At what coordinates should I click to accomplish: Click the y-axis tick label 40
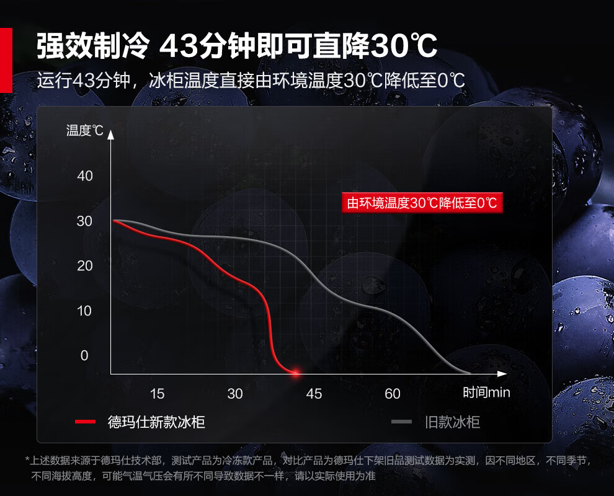85,176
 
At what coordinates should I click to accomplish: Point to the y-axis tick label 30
85,221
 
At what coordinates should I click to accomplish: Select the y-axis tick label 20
85,266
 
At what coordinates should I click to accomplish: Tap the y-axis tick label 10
85,311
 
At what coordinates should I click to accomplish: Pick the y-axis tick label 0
85,356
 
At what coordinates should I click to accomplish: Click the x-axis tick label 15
157,394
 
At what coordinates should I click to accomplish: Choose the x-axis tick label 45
314,394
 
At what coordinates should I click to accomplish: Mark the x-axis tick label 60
393,394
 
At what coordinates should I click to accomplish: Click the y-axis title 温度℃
85,131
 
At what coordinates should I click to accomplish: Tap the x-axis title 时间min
486,392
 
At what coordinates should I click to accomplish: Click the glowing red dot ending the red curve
296,373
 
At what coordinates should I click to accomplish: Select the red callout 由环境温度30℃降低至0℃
422,203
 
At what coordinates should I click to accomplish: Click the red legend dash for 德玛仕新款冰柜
85,422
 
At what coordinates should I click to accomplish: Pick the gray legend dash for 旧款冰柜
401,422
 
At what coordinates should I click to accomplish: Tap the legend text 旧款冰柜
453,422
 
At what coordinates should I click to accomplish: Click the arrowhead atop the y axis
111,133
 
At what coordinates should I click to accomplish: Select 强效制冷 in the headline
93,46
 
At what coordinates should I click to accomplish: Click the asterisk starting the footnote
27,460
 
